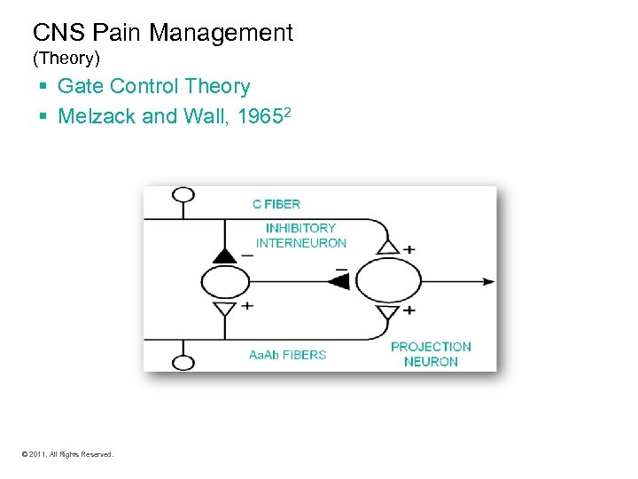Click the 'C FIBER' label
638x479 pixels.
[x=276, y=204]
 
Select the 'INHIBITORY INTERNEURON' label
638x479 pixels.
[x=300, y=235]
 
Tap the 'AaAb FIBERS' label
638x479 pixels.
[x=287, y=355]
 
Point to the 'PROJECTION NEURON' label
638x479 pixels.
[x=431, y=354]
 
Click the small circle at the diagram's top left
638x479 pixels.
[x=183, y=195]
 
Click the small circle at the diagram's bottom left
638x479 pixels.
[x=183, y=362]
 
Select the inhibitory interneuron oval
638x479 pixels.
[x=225, y=282]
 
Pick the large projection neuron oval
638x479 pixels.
[x=387, y=281]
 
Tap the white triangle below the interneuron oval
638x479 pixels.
[x=225, y=308]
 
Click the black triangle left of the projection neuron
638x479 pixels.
[x=338, y=281]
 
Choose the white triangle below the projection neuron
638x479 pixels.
[x=387, y=312]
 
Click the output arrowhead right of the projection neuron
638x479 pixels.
[x=488, y=281]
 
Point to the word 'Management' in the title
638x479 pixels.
[x=221, y=34]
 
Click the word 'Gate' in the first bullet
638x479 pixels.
[x=81, y=87]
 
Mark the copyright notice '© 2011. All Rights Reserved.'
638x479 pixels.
[x=67, y=454]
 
